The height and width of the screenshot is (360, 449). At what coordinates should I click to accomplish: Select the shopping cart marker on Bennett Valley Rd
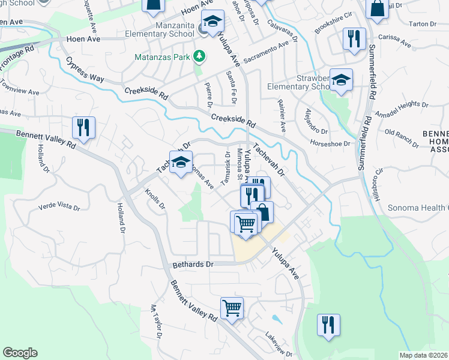232,308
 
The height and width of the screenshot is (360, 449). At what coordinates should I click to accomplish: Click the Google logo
20,353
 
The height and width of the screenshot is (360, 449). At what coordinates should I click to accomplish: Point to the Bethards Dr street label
193,264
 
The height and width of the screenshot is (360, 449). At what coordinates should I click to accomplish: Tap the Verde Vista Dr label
59,207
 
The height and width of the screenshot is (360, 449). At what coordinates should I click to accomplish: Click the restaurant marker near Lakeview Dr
328,325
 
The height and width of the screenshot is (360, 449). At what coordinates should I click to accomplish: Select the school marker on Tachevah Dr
181,162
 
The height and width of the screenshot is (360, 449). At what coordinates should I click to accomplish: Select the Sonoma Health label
420,208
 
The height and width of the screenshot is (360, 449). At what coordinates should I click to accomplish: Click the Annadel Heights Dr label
401,109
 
